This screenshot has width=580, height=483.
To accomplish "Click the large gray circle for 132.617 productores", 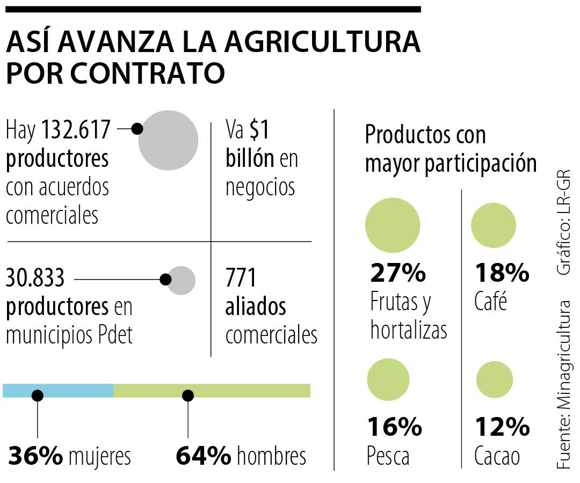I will tap(168, 140).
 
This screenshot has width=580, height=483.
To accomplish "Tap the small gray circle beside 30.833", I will tap(180, 280).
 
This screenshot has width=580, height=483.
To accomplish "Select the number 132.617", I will tap(76, 129).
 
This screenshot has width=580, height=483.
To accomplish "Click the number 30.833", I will tap(35, 279).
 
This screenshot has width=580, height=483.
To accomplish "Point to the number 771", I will tap(241, 279).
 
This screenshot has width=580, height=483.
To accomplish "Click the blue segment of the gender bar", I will tap(58, 391).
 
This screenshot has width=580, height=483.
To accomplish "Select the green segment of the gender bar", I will tap(212, 391).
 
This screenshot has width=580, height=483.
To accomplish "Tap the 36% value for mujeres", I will tap(35, 456).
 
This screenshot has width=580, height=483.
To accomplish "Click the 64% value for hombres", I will tap(204, 456).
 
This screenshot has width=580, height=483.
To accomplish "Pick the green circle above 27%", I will tap(392, 225).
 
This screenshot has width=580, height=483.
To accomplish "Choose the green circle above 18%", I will tap(493, 225).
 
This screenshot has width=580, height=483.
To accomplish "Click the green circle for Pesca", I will tap(388, 379).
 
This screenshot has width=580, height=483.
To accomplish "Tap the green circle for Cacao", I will tap(495, 379).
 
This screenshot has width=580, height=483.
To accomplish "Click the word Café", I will tap(490, 303).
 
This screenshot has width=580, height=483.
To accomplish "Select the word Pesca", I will tap(388, 457).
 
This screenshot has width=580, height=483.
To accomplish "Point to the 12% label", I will tap(502, 428).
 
